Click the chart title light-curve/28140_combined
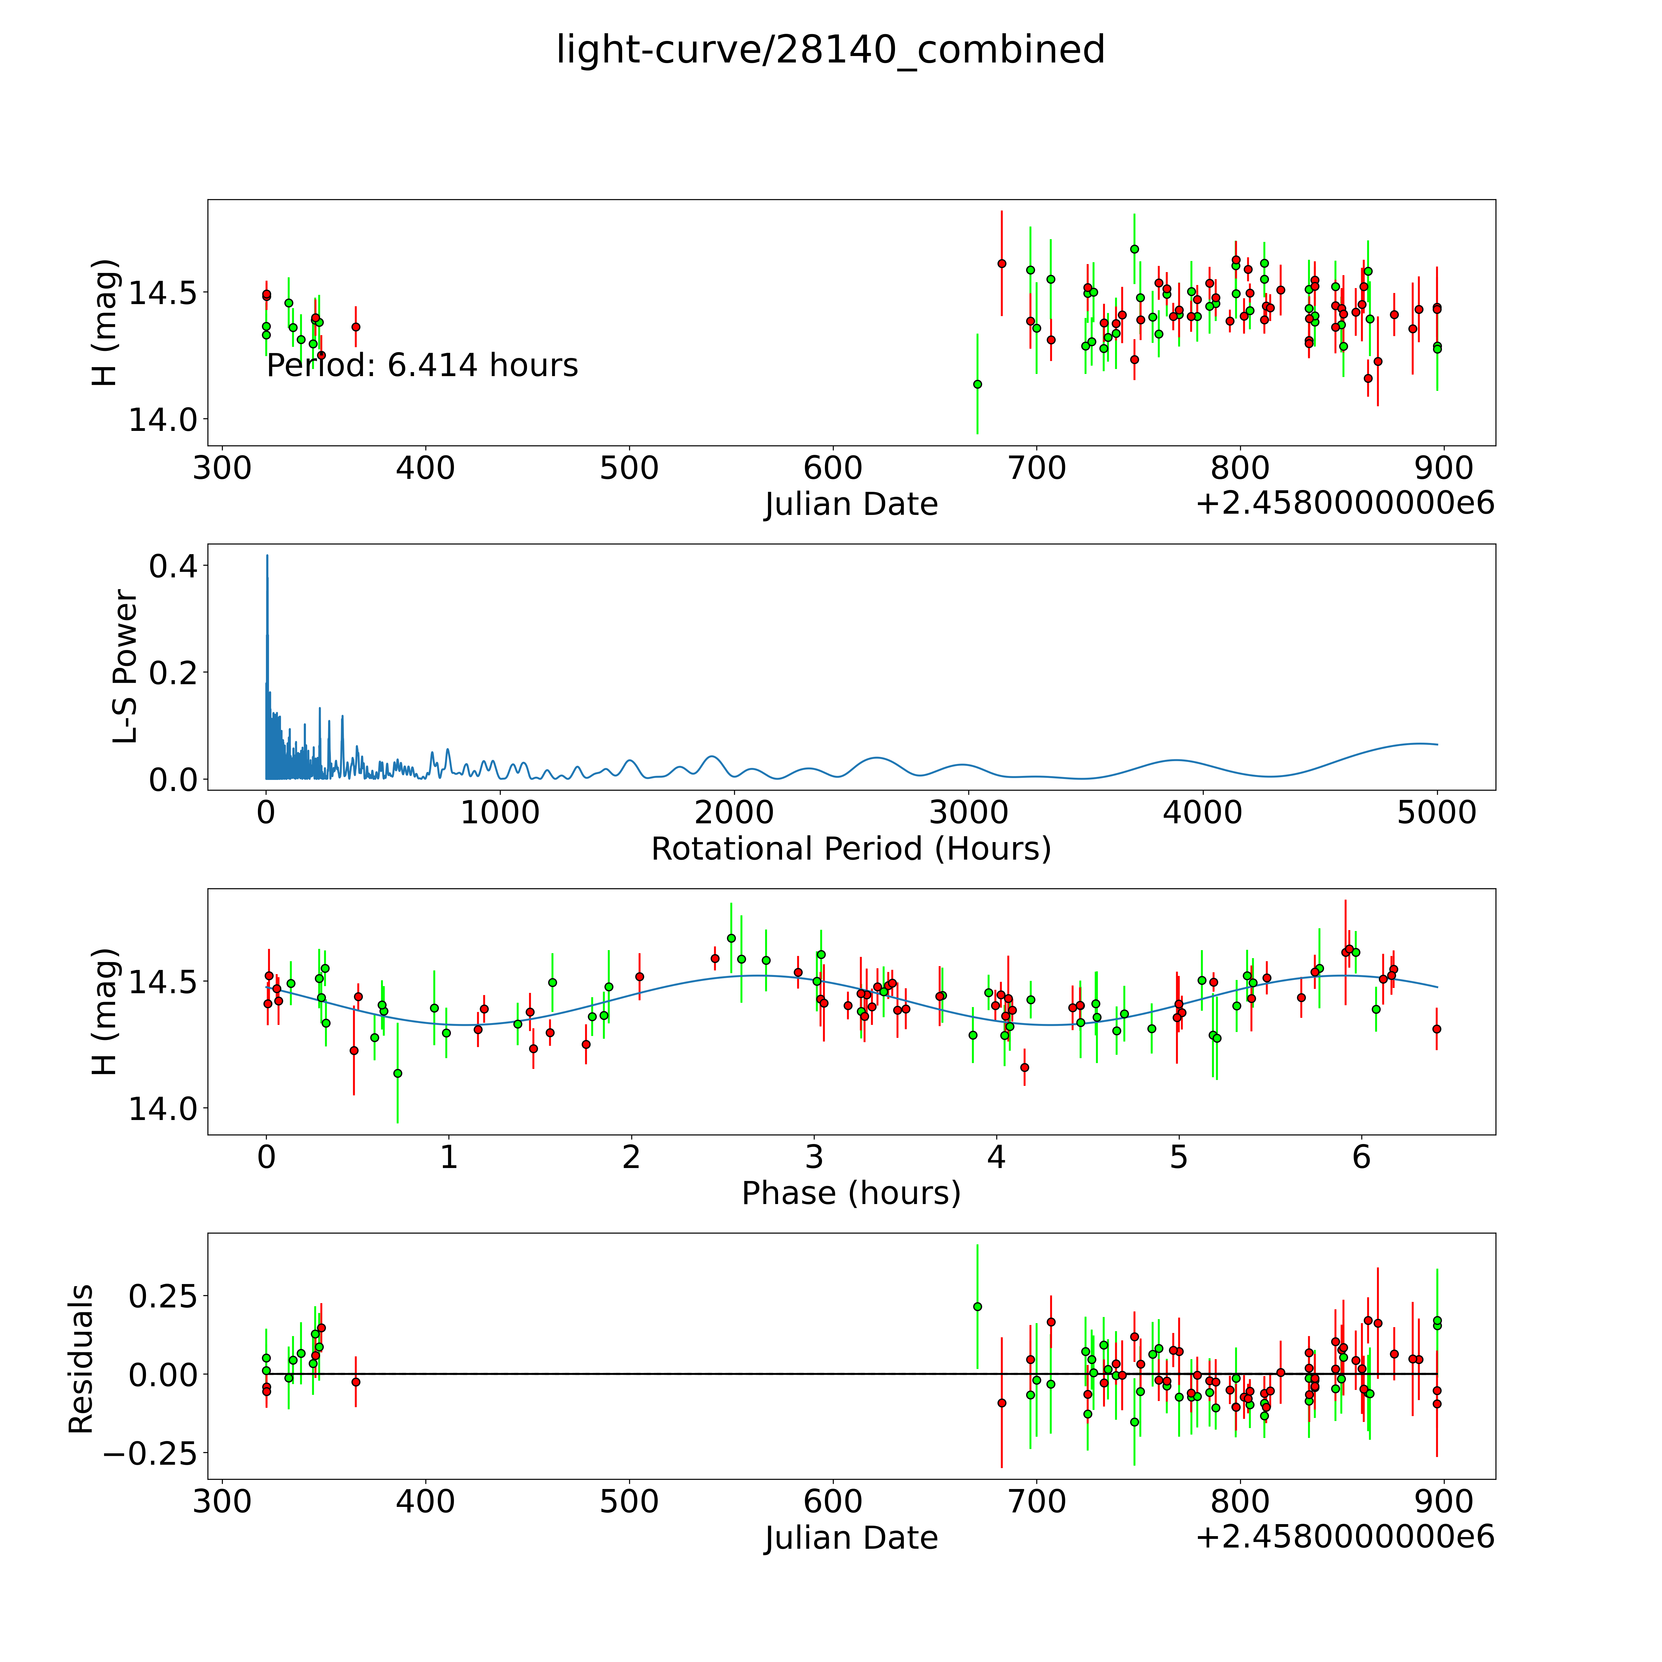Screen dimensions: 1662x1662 (830, 50)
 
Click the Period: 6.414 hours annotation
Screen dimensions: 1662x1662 (422, 366)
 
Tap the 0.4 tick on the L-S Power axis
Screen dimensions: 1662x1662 (172, 566)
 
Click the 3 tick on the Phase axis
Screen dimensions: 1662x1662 (814, 1157)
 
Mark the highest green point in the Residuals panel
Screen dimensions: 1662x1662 (977, 1307)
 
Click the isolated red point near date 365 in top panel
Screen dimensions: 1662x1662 (355, 327)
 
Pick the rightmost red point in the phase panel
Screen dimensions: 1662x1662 (1436, 1029)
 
